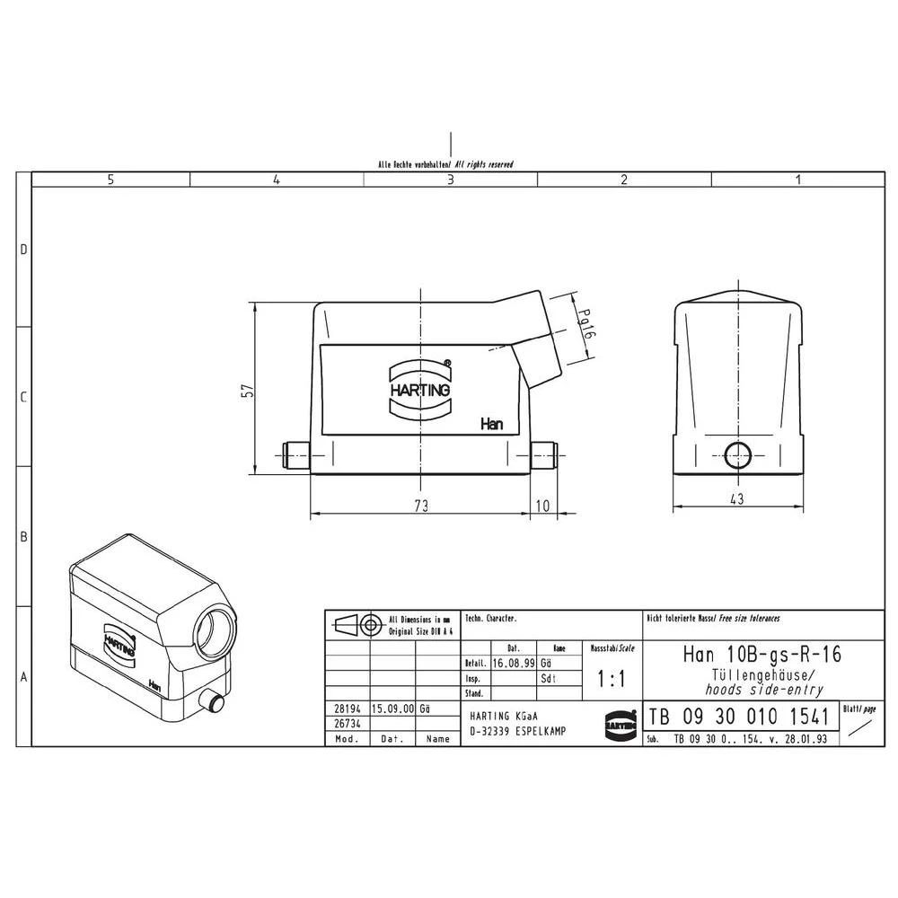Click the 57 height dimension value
point(249,391)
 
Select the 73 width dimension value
point(420,506)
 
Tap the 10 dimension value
point(541,506)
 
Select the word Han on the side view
point(491,423)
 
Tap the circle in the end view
point(738,455)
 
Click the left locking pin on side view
point(295,456)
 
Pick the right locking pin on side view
point(544,456)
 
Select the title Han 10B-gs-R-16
point(762,654)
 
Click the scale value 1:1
point(612,680)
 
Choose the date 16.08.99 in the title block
point(515,662)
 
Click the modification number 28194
point(346,709)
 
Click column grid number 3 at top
point(450,180)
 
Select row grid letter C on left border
point(24,397)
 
